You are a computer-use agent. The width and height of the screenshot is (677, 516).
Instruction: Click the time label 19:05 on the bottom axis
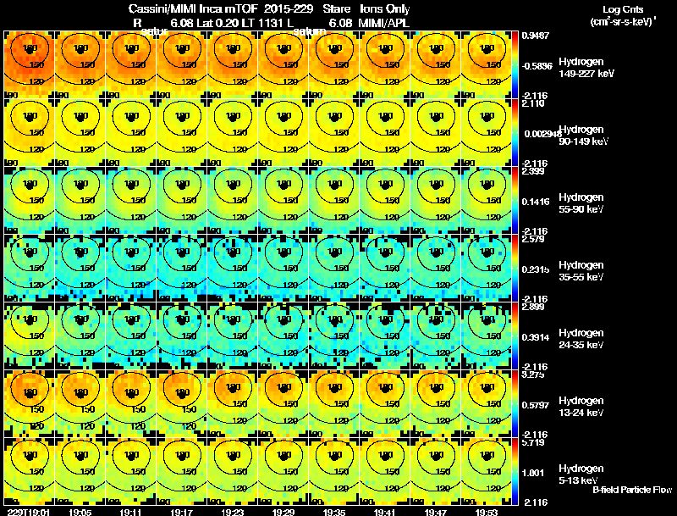(80, 511)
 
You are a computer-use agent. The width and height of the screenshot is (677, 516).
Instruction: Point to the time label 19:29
(283, 511)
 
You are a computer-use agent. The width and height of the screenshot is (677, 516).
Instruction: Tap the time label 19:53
(487, 511)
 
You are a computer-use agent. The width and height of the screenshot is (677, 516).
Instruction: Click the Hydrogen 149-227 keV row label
(586, 68)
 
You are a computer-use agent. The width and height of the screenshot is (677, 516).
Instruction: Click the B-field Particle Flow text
(631, 490)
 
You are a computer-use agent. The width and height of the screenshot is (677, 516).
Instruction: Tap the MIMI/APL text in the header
(386, 22)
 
